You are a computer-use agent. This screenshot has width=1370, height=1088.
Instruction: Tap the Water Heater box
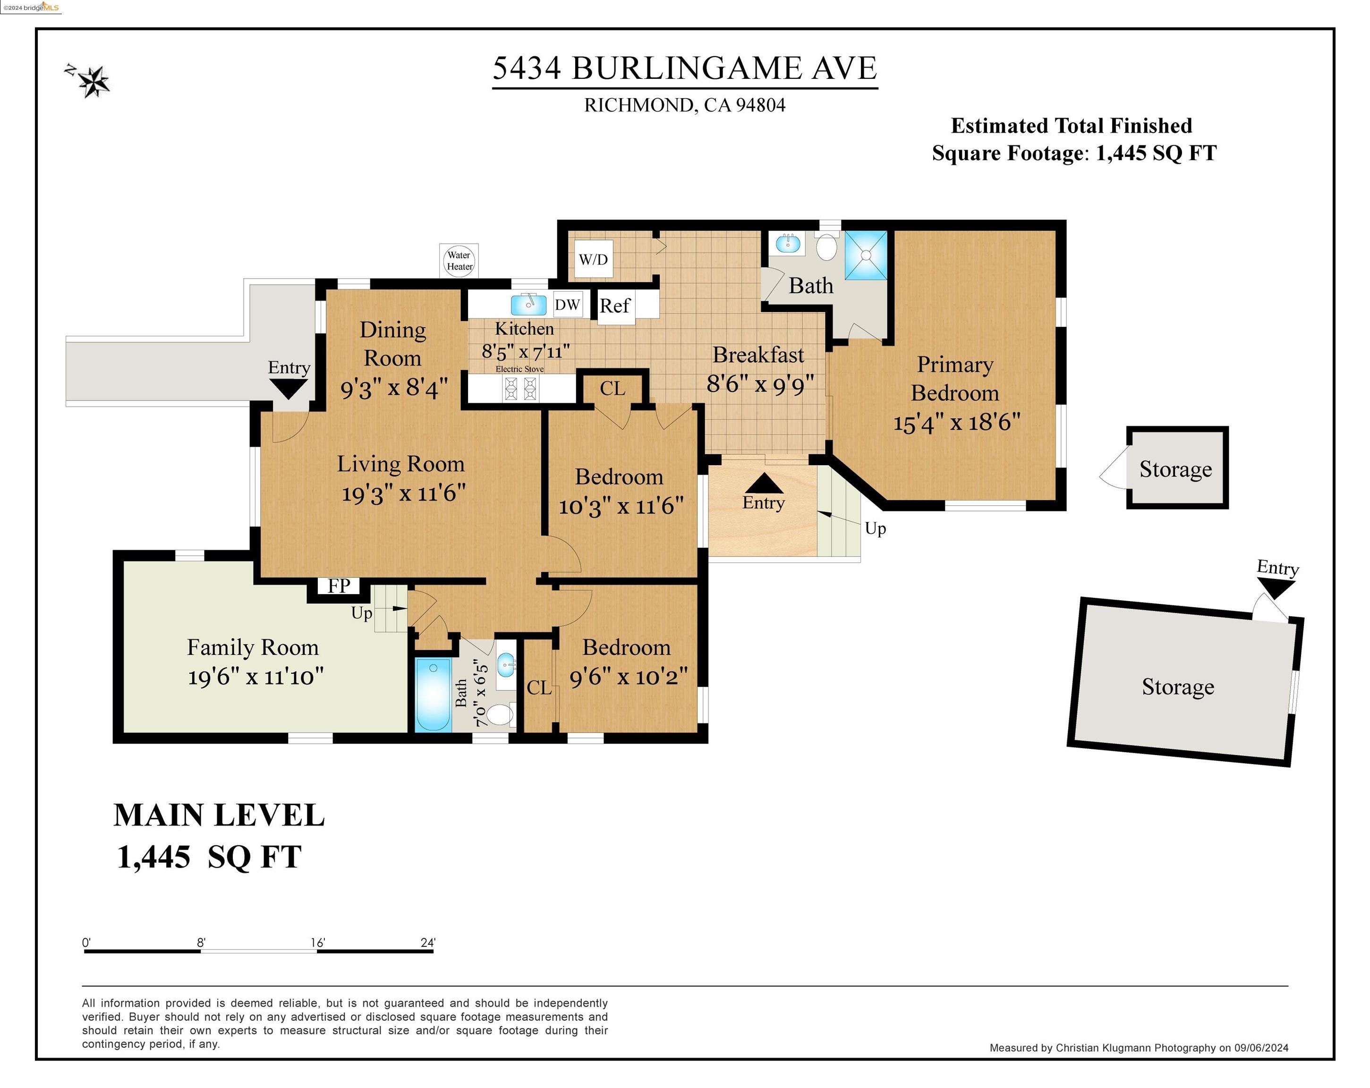point(459,261)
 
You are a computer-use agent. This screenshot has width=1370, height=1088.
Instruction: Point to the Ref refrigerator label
point(614,306)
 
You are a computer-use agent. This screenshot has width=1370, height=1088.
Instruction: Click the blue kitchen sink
point(528,305)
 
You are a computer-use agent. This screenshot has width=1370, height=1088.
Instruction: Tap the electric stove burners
point(520,388)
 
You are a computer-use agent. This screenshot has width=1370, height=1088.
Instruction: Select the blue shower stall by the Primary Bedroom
point(866,255)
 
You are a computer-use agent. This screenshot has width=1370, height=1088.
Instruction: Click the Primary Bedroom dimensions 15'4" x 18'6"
point(956,422)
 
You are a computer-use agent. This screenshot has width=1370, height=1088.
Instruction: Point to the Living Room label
point(401,464)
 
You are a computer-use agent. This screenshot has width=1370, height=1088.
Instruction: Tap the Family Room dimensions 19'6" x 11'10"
point(255,677)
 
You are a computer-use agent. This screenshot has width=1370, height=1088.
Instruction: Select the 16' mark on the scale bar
point(318,943)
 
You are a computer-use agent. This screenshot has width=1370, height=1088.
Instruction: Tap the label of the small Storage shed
point(1175,469)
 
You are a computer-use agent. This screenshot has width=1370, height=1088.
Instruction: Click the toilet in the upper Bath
point(826,246)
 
